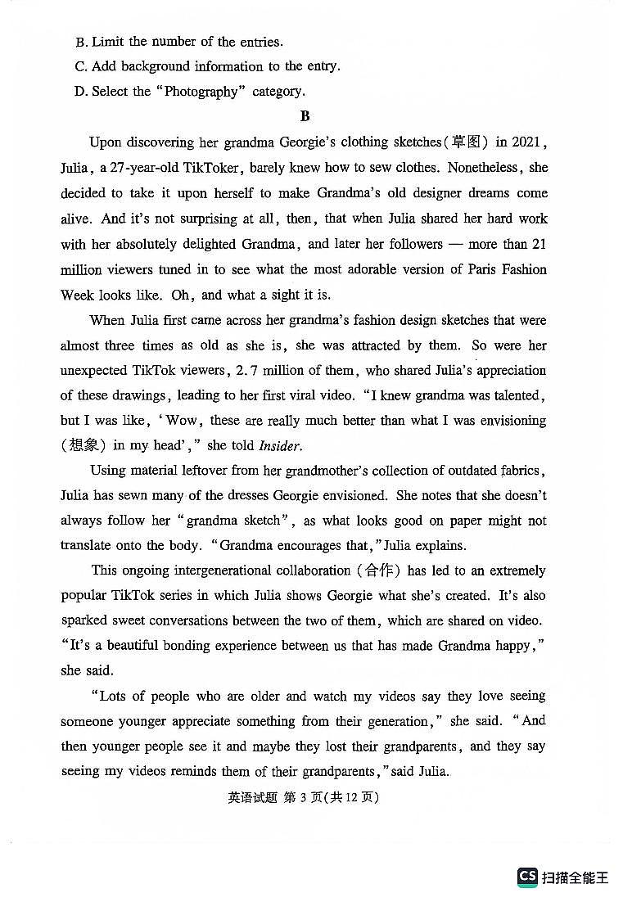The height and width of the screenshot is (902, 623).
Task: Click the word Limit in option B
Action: pyautogui.click(x=108, y=42)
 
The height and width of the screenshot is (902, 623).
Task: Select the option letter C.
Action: pyautogui.click(x=79, y=67)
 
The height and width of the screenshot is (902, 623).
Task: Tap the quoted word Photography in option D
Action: pyautogui.click(x=201, y=92)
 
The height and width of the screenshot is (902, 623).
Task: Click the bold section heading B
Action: pyautogui.click(x=305, y=116)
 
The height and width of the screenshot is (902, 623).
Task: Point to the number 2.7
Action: pyautogui.click(x=248, y=371)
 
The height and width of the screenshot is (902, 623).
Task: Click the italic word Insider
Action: pyautogui.click(x=280, y=446)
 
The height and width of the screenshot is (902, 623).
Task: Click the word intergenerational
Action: pyautogui.click(x=212, y=571)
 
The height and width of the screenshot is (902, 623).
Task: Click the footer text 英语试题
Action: pyautogui.click(x=252, y=797)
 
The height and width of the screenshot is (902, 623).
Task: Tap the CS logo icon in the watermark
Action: pyautogui.click(x=527, y=877)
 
